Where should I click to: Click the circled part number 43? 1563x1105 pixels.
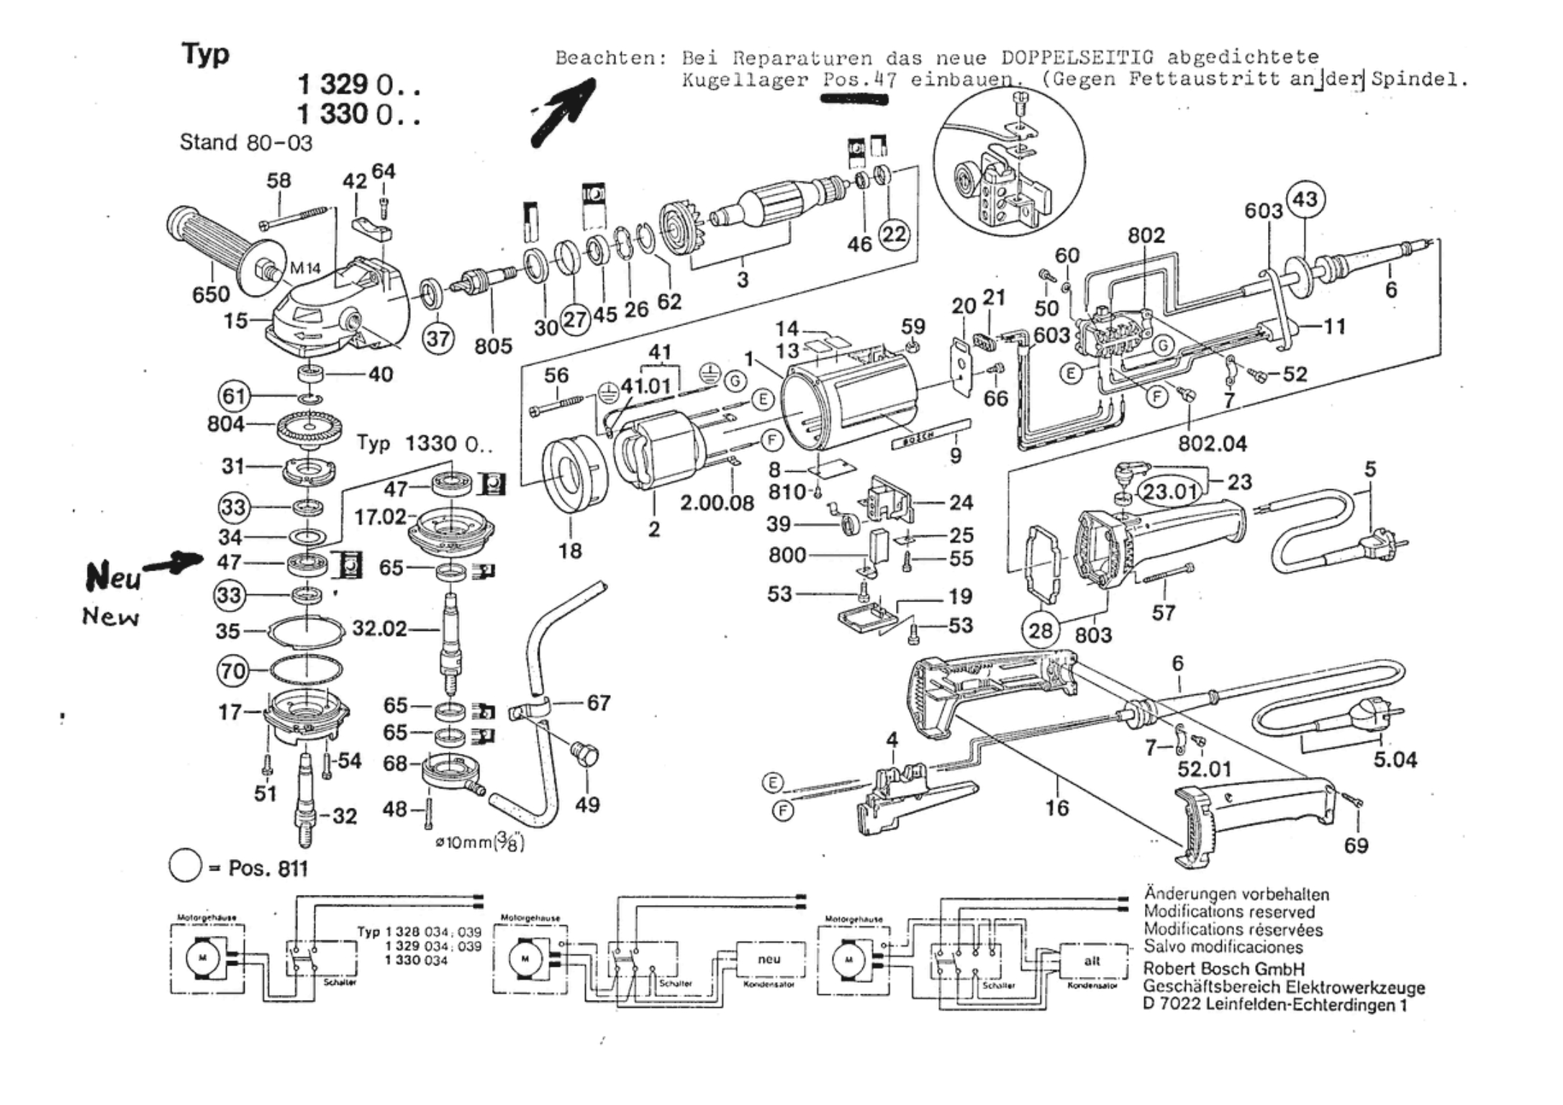[1305, 199]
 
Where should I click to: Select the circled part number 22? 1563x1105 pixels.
[894, 234]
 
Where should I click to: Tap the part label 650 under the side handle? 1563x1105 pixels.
[211, 294]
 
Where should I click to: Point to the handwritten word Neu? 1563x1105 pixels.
[113, 576]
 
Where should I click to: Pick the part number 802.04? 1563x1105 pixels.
[1212, 443]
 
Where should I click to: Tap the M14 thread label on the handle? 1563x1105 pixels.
[305, 268]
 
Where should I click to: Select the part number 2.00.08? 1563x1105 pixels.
[717, 503]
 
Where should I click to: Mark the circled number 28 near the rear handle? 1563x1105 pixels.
[1041, 630]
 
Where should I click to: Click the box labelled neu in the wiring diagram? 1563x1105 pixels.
[769, 959]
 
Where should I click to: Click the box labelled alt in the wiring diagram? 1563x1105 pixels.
[1092, 960]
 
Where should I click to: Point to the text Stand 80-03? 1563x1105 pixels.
[246, 142]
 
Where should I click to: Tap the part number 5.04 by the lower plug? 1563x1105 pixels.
[1395, 759]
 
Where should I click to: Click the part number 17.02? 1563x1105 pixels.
[380, 517]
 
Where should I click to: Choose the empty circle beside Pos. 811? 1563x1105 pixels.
[184, 867]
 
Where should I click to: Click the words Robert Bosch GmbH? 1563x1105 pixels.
[1223, 968]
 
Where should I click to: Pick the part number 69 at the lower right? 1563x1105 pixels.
[1356, 845]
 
